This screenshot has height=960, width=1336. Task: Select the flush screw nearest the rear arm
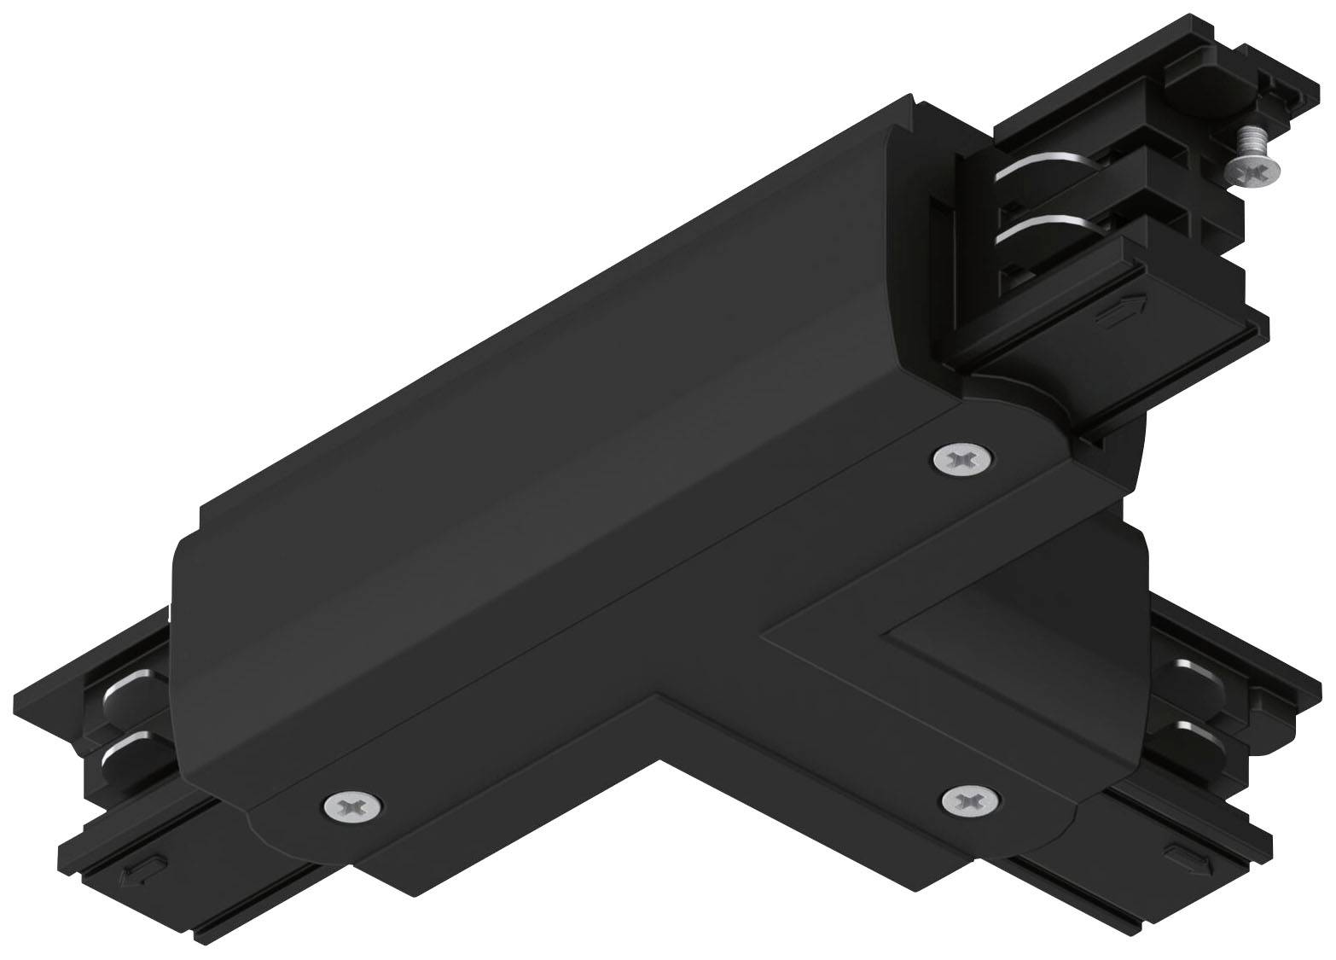click(963, 459)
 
